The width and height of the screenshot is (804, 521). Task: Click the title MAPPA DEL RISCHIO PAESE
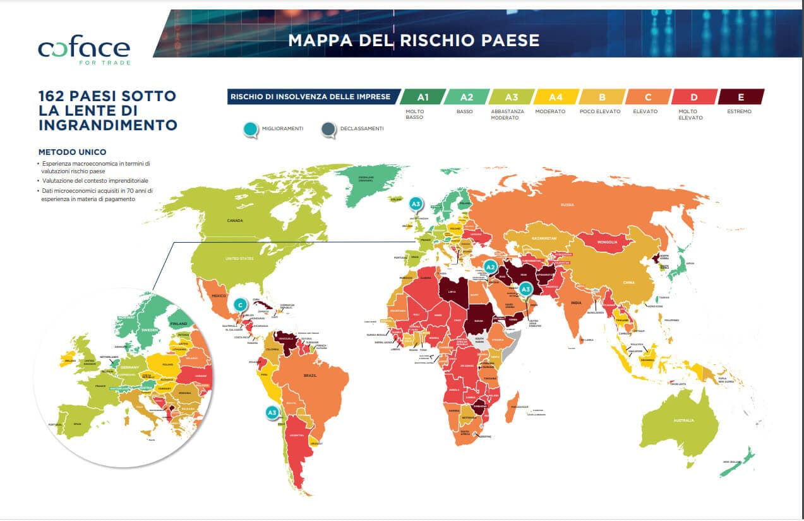pyautogui.click(x=414, y=40)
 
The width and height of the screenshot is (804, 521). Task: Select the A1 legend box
pyautogui.click(x=423, y=97)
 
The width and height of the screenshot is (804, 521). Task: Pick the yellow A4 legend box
pyautogui.click(x=555, y=97)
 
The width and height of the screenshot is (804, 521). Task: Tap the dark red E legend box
pyautogui.click(x=740, y=97)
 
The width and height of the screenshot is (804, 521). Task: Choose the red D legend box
pyautogui.click(x=694, y=97)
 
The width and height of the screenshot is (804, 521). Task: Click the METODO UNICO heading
pyautogui.click(x=72, y=152)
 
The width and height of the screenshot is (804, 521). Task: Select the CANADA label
pyautogui.click(x=236, y=221)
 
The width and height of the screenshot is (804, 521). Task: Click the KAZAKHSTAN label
pyautogui.click(x=543, y=238)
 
